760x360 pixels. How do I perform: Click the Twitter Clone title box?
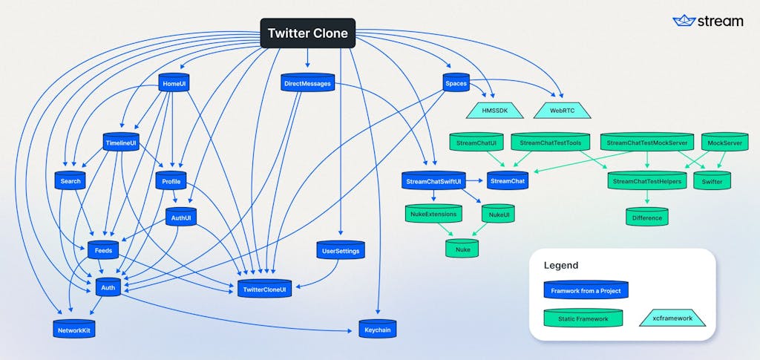tap(308, 33)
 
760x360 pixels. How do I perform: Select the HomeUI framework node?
tap(174, 83)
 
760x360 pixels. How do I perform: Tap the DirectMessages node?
tap(308, 83)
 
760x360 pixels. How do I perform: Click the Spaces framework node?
tap(456, 83)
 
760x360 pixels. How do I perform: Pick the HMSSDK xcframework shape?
tap(495, 111)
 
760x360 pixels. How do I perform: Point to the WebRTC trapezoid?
tap(563, 111)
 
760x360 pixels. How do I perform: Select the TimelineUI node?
tap(121, 142)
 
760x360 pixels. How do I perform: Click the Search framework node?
tap(71, 180)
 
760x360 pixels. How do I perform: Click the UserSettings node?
tap(340, 250)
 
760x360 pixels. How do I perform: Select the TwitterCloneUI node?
tap(264, 289)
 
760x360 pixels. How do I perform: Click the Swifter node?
tap(712, 180)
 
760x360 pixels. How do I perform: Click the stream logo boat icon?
tap(684, 20)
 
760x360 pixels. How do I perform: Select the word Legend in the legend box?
tap(561, 266)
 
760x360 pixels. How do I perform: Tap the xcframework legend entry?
tap(672, 318)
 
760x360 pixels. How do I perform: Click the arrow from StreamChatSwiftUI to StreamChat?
tap(474, 180)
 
